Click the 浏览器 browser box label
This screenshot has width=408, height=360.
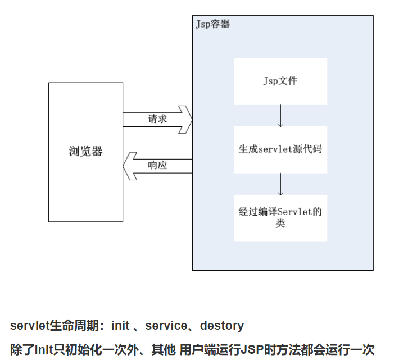tap(85, 152)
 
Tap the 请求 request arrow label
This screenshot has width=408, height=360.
tap(157, 119)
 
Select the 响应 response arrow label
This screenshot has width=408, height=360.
tap(157, 165)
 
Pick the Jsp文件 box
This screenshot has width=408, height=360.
tap(280, 81)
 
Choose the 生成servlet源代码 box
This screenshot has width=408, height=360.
tap(280, 149)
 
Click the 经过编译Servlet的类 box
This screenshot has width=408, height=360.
tap(280, 218)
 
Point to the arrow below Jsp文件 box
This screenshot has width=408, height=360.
tap(280, 116)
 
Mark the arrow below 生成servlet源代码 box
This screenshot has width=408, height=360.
tap(280, 184)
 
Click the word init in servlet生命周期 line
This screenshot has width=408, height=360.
tap(120, 326)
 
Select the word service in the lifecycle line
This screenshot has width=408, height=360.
tap(166, 326)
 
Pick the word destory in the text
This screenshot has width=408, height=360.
tap(222, 326)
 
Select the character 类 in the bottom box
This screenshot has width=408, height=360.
tap(280, 224)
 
